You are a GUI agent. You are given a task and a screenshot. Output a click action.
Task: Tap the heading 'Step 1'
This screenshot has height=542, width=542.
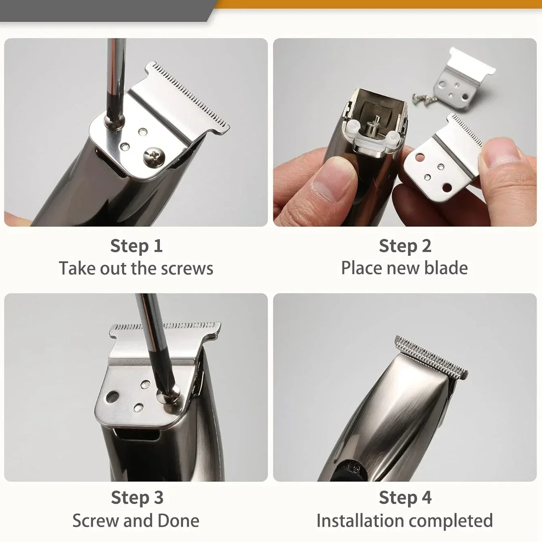[136, 246]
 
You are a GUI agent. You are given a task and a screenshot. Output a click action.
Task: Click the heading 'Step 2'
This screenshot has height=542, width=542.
[405, 246]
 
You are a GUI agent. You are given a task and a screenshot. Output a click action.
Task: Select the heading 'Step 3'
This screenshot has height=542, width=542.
[137, 497]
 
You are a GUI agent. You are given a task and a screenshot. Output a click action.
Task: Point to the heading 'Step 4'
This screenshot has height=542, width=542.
[405, 497]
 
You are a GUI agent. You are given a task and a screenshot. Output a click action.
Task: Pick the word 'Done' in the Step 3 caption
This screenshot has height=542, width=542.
[179, 521]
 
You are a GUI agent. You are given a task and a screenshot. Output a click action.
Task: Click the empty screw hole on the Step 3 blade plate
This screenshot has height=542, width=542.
[113, 397]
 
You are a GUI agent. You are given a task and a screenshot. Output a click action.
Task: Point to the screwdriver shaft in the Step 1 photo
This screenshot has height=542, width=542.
[115, 79]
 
